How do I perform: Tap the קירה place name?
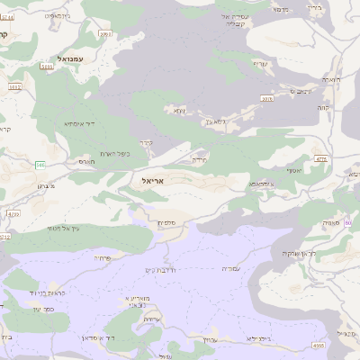click(148, 141)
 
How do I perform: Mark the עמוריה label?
click(232, 268)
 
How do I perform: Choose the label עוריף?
click(261, 63)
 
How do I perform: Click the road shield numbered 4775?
click(322, 157)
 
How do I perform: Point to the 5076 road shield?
click(267, 98)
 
